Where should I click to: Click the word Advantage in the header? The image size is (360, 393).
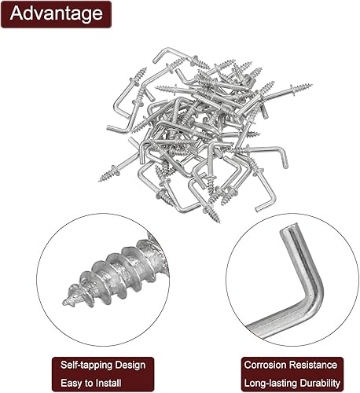coord(56,13)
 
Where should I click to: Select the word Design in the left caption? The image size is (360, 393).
coord(130,365)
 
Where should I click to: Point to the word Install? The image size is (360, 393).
coord(108,383)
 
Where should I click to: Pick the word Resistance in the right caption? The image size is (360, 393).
coord(312,365)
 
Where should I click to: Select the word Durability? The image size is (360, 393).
coord(320,384)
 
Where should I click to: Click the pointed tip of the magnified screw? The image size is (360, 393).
coord(64,303)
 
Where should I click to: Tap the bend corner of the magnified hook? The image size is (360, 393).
coord(314,299)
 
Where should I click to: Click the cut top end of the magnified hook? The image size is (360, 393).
coord(289,227)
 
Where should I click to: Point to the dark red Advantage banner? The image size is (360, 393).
coord(56,14)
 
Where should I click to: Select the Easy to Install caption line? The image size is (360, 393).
coord(91,384)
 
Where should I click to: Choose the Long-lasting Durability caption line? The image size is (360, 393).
coord(292,384)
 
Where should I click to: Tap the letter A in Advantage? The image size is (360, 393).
coord(16,13)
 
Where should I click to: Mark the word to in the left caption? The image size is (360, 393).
coord(88,384)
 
